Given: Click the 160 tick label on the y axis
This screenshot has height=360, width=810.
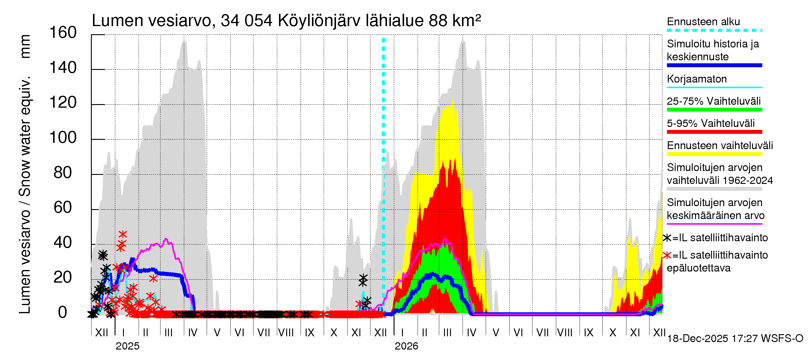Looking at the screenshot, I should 63,33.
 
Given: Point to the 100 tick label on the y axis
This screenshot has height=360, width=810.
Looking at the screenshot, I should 63,138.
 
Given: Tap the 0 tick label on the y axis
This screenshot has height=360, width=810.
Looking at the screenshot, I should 63,313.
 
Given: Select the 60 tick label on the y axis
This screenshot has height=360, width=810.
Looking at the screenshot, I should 63,208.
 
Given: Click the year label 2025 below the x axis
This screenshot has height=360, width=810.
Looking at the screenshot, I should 127,346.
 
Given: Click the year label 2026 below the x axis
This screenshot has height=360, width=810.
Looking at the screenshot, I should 406,346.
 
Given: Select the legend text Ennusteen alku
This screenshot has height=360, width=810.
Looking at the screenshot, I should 703,22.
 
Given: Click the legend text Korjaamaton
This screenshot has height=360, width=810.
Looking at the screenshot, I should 697,79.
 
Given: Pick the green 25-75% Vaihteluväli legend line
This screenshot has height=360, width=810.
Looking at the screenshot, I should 714,110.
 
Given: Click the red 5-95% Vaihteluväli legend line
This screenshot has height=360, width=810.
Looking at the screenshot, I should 714,132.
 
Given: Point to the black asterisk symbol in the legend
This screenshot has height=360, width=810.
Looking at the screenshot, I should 667,238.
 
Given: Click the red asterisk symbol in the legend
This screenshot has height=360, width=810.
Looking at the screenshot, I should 667,255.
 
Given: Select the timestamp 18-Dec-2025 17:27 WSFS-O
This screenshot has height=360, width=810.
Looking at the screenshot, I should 735,339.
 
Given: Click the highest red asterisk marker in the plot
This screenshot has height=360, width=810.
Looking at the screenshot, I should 123,234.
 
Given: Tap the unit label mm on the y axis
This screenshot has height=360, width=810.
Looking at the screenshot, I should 25,46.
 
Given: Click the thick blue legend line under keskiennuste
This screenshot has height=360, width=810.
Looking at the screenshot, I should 714,65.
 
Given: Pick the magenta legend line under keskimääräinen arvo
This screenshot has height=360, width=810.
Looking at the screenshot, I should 714,224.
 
